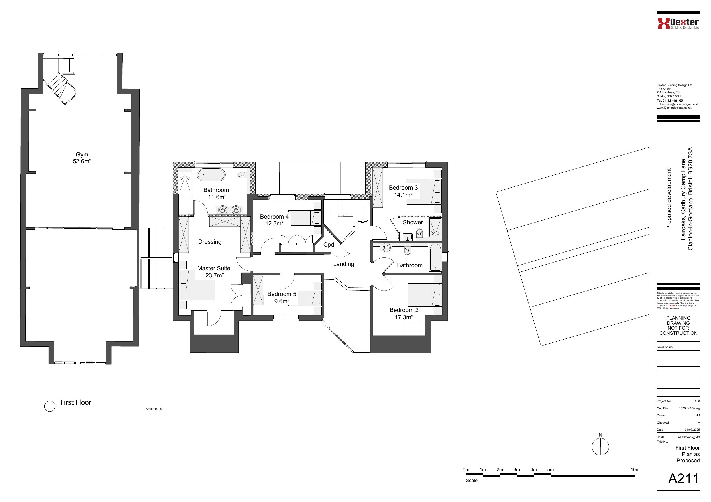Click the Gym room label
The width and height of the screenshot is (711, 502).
pos(82,154)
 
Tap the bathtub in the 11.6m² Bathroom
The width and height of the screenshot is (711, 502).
pos(211,175)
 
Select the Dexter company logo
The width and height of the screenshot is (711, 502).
pos(678,23)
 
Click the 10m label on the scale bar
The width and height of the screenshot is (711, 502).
pos(635,469)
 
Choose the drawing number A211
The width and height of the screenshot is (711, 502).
pos(683,479)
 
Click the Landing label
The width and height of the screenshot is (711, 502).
pos(343,264)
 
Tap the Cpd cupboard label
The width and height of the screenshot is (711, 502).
pos(329,245)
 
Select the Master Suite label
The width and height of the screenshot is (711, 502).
pos(214,268)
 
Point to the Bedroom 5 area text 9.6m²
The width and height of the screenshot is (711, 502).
pos(282,301)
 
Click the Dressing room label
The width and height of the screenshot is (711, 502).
pos(210,242)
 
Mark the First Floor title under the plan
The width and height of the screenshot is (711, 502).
pos(76,402)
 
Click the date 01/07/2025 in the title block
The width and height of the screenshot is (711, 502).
pos(692,430)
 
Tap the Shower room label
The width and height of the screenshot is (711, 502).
pos(413,222)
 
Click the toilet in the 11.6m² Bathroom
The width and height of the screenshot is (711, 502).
pos(241,175)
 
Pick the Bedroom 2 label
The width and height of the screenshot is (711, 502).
pos(404,310)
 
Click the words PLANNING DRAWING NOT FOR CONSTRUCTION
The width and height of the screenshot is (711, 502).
pos(678,326)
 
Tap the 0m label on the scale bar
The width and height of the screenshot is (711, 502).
pos(466,469)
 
